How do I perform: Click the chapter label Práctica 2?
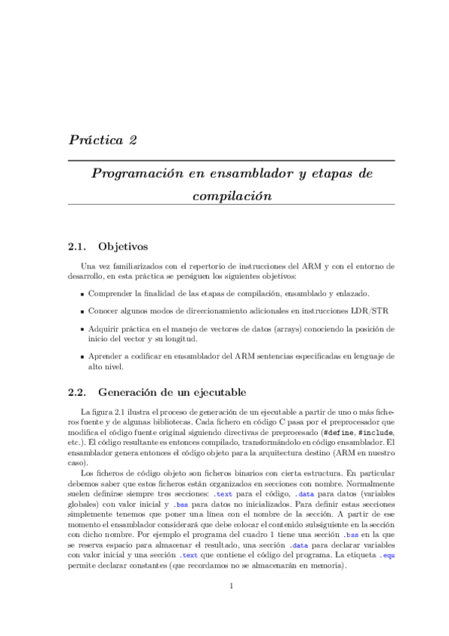click(102, 139)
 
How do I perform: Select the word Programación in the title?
click(133, 174)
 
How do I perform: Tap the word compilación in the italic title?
click(231, 196)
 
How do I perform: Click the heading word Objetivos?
click(124, 246)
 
